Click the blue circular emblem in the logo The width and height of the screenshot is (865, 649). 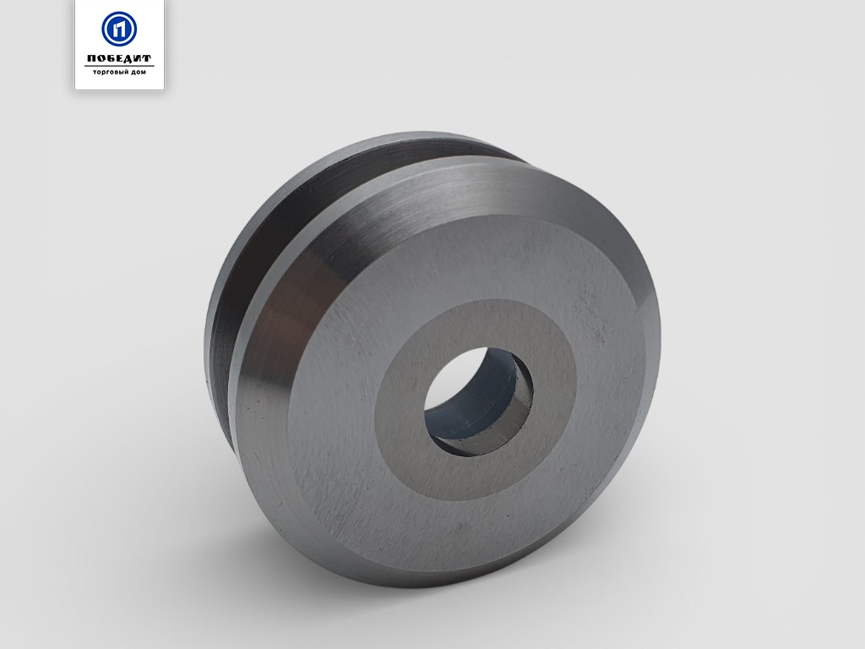point(119,29)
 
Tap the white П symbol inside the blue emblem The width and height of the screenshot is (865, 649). point(119,29)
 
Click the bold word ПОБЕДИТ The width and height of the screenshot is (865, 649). point(119,58)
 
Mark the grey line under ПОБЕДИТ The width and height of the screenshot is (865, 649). point(119,66)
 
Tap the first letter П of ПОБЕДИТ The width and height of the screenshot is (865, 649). point(92,59)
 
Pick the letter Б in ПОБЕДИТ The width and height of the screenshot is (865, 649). point(111,59)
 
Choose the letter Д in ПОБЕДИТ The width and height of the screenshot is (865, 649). point(129,59)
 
